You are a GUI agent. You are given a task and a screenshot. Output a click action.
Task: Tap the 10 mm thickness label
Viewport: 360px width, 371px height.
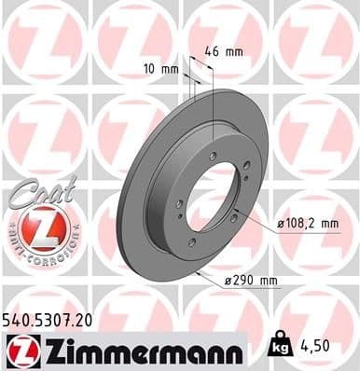pyautogui.click(x=161, y=67)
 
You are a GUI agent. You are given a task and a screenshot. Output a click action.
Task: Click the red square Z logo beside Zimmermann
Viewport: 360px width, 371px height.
pyautogui.click(x=21, y=350)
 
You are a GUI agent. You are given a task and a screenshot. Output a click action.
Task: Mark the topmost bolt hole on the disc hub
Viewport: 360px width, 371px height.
pyautogui.click(x=213, y=155)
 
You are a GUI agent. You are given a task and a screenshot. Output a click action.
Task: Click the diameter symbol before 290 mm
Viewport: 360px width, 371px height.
pyautogui.click(x=228, y=281)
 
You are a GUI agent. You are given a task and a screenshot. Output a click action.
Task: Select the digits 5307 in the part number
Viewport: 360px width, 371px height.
pyautogui.click(x=52, y=319)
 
